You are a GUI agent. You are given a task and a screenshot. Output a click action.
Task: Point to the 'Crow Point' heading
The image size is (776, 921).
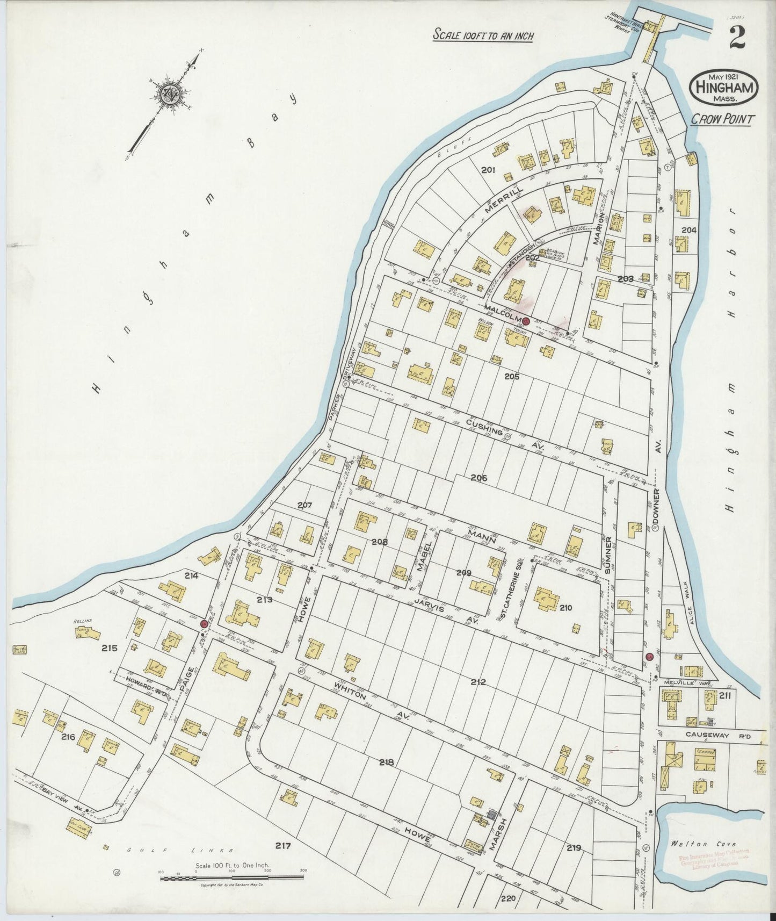(x=721, y=119)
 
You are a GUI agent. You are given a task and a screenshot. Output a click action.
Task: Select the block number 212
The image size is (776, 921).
(x=477, y=682)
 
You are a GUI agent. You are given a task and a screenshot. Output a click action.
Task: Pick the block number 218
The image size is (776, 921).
(x=386, y=762)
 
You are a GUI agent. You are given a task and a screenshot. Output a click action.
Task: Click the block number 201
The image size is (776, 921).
(x=488, y=170)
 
